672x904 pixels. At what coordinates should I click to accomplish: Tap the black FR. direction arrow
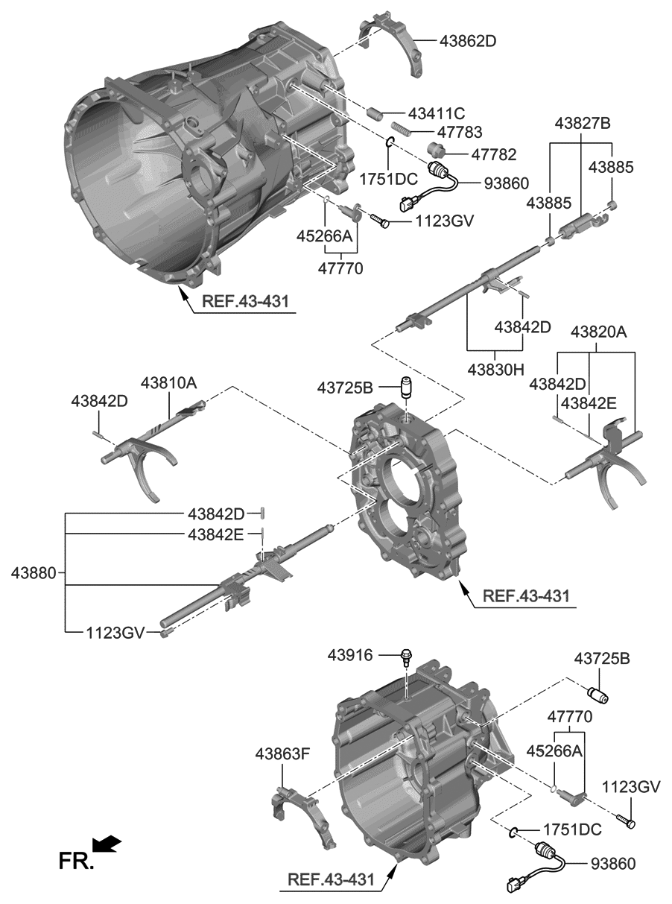[x=107, y=844]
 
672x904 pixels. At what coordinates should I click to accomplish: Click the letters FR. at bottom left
[x=76, y=862]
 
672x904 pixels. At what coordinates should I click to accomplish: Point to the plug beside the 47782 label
[x=437, y=150]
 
